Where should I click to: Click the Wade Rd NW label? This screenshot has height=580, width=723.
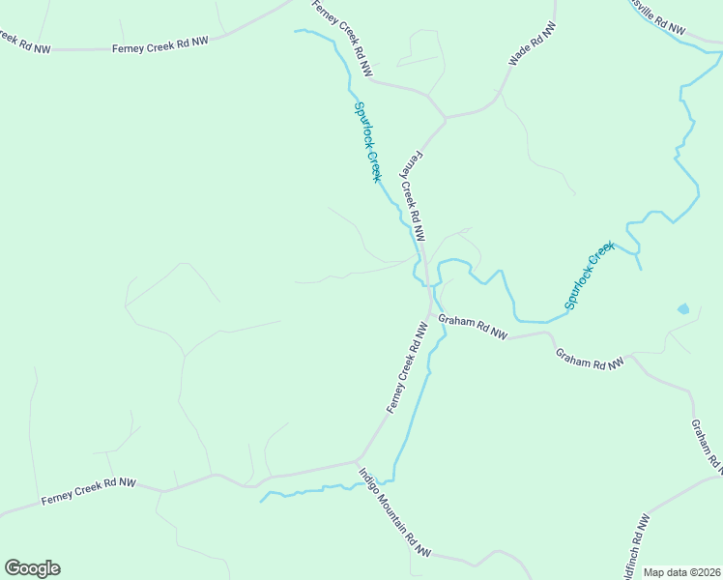(x=533, y=44)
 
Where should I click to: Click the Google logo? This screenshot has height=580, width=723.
(x=32, y=568)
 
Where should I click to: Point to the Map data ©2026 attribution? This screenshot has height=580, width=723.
(x=680, y=572)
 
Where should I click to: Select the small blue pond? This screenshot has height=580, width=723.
(x=683, y=309)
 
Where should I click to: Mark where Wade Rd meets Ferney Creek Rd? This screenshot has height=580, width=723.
(x=446, y=118)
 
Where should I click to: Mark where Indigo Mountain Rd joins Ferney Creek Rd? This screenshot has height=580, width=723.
(x=359, y=459)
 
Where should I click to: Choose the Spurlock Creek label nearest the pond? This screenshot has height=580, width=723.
(x=590, y=276)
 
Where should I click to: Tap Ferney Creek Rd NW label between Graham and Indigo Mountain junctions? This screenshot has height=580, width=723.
(x=407, y=368)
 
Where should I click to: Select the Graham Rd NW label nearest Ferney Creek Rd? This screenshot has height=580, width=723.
(x=473, y=327)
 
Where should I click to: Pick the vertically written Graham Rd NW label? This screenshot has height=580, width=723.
(x=707, y=448)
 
